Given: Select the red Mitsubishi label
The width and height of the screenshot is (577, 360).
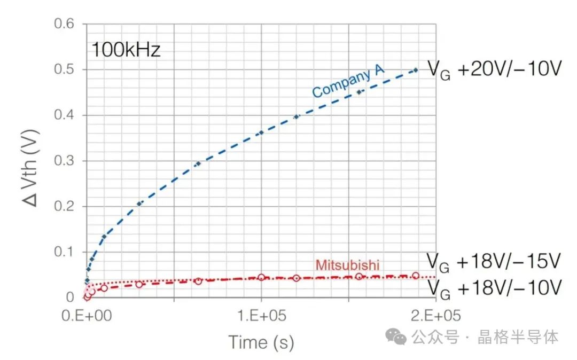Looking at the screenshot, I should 347,265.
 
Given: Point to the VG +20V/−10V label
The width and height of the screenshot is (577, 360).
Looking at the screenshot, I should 494,69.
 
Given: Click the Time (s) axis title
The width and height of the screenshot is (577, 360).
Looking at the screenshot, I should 261,342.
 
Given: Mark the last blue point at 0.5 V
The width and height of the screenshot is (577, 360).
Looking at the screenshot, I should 416,70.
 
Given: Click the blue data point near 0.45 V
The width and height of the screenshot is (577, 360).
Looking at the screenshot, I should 359,92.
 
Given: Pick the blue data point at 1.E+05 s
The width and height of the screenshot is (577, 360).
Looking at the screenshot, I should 261,132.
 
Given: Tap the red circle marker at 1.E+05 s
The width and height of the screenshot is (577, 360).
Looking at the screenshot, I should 261,277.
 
